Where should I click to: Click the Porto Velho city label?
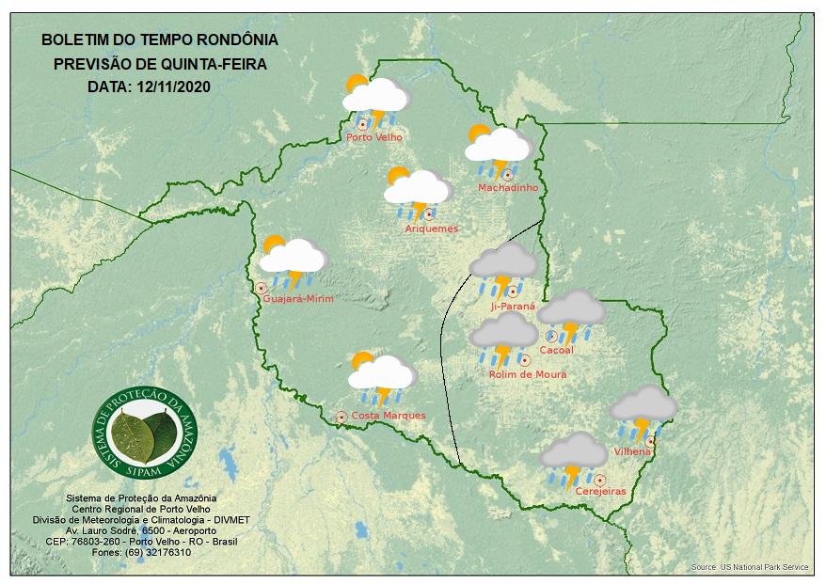[x=374, y=137]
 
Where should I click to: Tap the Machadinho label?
[x=507, y=188]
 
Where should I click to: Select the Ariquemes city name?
[x=431, y=229]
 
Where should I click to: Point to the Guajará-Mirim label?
[x=299, y=298]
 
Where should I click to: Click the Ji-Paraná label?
[x=513, y=307]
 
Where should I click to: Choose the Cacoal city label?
[x=556, y=351]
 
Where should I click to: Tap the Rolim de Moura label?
[x=528, y=374]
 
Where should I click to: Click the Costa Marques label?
[x=388, y=416]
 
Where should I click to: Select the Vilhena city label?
[x=632, y=452]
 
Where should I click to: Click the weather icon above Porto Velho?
[x=374, y=98]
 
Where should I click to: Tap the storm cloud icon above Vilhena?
[x=643, y=409]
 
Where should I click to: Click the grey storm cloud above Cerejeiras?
[x=573, y=457]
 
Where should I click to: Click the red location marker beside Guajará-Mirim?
[x=261, y=288]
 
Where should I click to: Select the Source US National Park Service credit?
[x=749, y=568]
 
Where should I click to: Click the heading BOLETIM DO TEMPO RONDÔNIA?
[x=160, y=40]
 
